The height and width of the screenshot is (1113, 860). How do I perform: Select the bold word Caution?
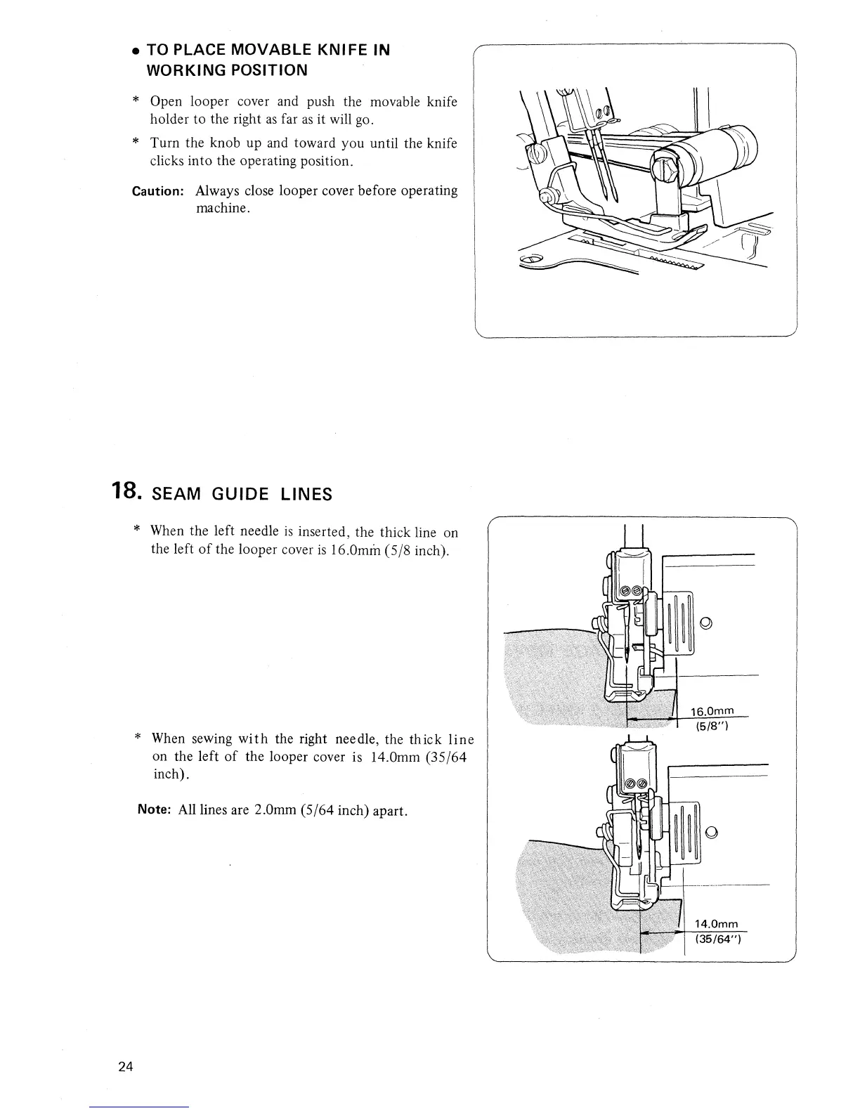[159, 191]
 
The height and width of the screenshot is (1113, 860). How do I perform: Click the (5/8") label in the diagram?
[710, 727]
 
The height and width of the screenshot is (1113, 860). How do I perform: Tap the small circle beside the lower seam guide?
[712, 833]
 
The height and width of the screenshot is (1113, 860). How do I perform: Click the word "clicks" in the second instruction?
[168, 161]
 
